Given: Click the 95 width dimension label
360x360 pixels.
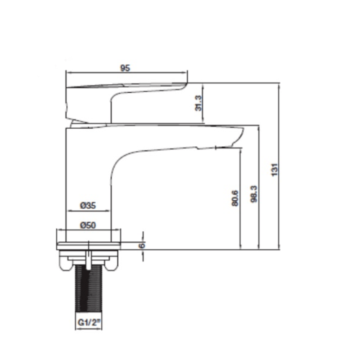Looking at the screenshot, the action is (x=125, y=68).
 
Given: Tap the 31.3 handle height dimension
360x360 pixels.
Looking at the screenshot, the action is (x=199, y=103).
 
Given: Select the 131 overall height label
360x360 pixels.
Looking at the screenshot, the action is (x=274, y=169).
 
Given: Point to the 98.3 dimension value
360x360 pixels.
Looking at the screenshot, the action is (x=254, y=194).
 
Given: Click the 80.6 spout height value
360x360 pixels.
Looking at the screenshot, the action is (x=235, y=198).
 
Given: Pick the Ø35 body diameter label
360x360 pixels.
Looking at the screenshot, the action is (x=88, y=205).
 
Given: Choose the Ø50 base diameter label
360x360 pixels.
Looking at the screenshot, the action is (x=88, y=225).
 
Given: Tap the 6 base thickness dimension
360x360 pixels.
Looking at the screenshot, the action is (x=142, y=246).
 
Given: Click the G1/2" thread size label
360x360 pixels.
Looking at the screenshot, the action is (x=89, y=323).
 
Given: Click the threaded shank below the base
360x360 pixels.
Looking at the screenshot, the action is (x=89, y=289).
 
